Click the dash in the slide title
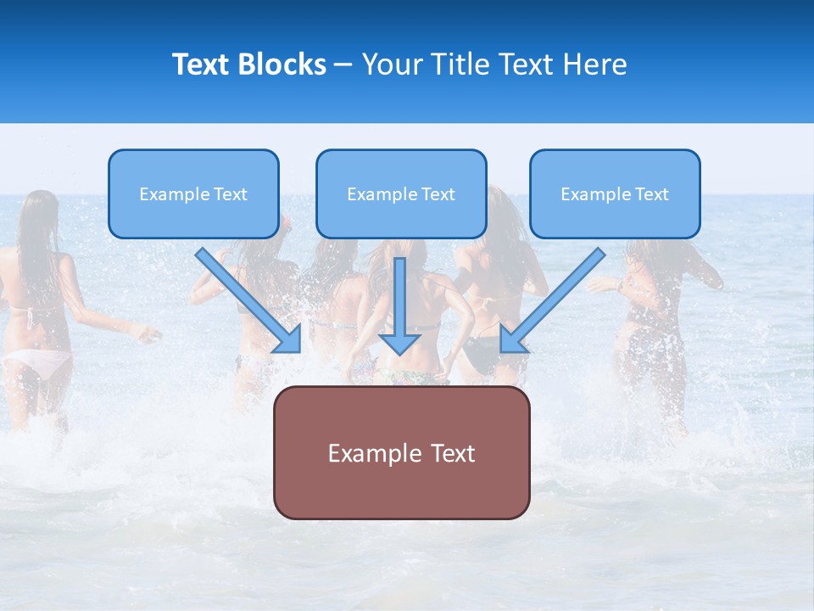point(343,65)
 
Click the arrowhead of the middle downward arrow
point(399,344)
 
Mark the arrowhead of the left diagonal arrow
point(291,341)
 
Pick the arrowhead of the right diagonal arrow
point(510,341)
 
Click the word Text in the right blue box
point(651,194)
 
